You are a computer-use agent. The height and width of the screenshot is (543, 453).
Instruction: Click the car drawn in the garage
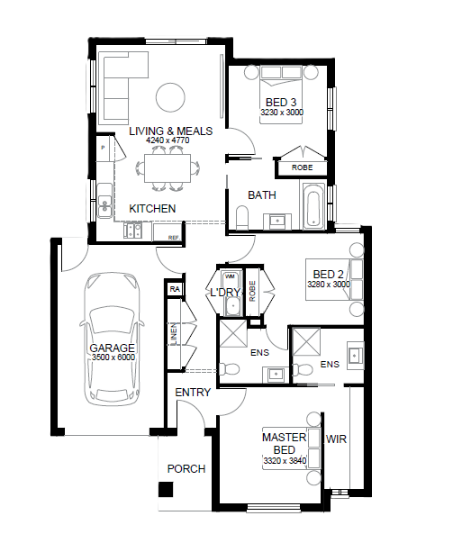pos(112,339)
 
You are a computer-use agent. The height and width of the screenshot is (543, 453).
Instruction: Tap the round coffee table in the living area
pos(170,97)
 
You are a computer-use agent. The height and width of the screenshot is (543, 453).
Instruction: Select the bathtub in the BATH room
pos(314,206)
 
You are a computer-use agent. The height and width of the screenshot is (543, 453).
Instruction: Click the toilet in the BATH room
pos(242,218)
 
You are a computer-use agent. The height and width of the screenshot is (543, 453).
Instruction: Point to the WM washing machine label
pos(230,276)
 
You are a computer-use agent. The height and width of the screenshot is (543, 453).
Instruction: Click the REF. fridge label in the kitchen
pos(174,238)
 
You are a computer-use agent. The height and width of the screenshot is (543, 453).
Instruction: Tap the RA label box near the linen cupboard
pos(175,289)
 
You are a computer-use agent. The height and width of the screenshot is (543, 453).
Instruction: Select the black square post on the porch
pos(166,490)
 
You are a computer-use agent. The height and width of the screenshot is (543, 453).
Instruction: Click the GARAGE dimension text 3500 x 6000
pos(113,357)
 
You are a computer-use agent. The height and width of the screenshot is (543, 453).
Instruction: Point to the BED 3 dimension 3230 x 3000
pos(282,113)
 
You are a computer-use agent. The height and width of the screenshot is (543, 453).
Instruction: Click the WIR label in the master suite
pos(336,439)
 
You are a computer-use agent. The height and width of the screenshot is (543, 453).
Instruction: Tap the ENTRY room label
pos(193,393)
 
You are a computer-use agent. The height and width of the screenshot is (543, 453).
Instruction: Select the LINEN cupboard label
pos(174,334)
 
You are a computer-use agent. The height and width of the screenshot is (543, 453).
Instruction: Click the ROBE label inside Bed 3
pos(302,167)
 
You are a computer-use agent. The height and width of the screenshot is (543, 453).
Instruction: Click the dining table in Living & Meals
pos(168,168)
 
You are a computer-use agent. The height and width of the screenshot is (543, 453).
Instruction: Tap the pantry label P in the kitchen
pos(103,148)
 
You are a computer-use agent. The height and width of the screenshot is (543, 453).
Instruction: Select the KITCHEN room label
pos(152,209)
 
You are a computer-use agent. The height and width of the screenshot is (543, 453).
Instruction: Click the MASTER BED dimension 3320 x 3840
pos(285,461)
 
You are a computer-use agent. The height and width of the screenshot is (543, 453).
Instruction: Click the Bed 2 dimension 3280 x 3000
pos(329,285)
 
